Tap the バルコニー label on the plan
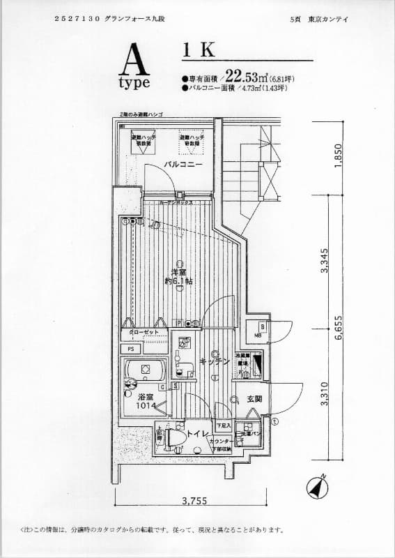[x=183, y=165]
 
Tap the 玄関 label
[x=254, y=399]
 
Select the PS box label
[x=130, y=349]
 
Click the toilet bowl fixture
[x=176, y=437]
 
